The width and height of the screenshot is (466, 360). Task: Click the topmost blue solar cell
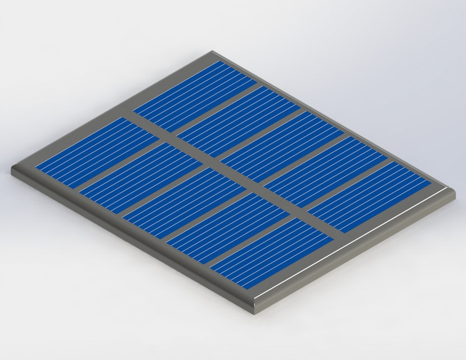[195, 93]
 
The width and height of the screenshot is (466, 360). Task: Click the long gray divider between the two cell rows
[236, 172]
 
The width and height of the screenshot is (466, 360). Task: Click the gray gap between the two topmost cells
[217, 106]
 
